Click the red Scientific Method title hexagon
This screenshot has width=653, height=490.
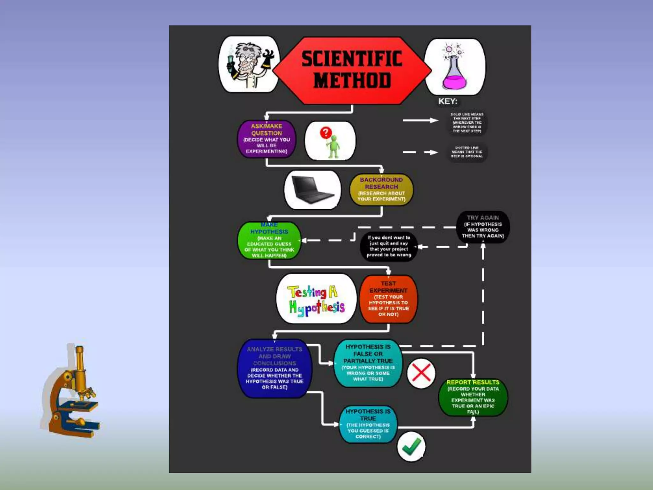[x=352, y=70]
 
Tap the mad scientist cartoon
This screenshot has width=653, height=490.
[x=249, y=64]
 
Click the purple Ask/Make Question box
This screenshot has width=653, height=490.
[x=267, y=139]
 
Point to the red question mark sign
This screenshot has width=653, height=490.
[x=326, y=132]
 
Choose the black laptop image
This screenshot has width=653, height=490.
[x=312, y=189]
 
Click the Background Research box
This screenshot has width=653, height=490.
[x=381, y=189]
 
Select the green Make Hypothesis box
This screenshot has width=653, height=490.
[x=269, y=241]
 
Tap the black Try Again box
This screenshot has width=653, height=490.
[x=483, y=227]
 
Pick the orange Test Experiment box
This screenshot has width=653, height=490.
[x=388, y=299]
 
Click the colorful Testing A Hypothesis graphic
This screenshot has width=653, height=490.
[x=316, y=299]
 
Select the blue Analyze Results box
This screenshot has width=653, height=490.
[x=275, y=368]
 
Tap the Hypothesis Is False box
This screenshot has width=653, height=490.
[x=368, y=363]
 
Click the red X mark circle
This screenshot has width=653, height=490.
[x=421, y=373]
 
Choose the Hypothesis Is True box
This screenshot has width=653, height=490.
[x=368, y=424]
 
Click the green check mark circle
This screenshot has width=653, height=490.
[x=411, y=447]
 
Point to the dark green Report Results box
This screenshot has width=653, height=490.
[x=473, y=397]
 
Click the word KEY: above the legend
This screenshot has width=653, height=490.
[x=448, y=101]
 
